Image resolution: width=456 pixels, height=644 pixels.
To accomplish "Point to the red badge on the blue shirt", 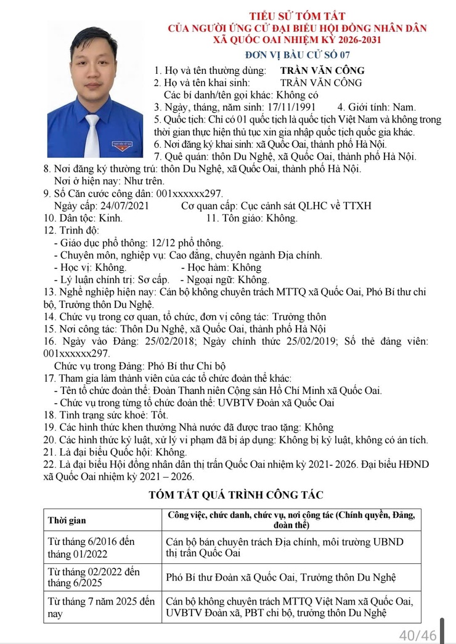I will click(121, 145).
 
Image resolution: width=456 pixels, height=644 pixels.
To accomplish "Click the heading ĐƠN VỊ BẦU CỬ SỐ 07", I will click(297, 54).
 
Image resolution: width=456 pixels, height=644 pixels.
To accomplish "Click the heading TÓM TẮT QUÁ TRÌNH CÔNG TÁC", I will click(236, 495).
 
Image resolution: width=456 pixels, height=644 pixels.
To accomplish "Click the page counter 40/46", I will click(417, 635).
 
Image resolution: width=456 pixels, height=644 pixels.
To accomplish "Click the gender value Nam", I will click(404, 107).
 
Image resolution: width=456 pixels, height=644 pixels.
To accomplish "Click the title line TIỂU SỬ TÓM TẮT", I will click(297, 16).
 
